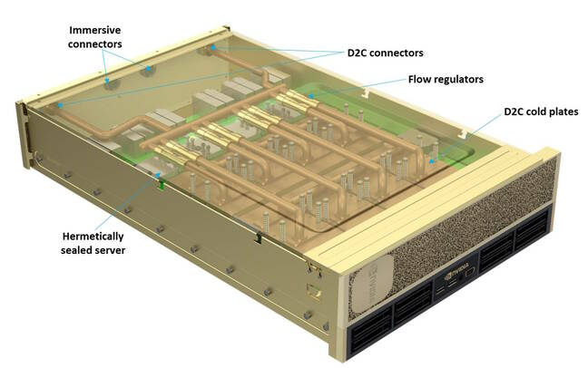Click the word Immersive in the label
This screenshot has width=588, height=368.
(x=95, y=30)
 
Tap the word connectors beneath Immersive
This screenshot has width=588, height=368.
(x=95, y=44)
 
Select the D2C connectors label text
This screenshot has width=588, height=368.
(x=385, y=53)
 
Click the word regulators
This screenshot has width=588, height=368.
(x=456, y=80)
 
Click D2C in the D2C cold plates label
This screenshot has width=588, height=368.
(x=514, y=111)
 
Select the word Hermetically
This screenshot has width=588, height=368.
(x=93, y=237)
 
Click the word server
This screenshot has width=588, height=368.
(x=110, y=250)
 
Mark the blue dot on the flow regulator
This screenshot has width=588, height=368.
(x=311, y=96)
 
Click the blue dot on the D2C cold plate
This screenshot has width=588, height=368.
(x=432, y=161)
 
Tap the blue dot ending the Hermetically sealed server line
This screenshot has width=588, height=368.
(x=158, y=175)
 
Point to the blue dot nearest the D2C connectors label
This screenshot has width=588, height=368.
(x=213, y=47)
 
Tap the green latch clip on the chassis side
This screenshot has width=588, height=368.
(x=162, y=184)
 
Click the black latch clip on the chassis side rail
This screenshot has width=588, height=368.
(x=259, y=237)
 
